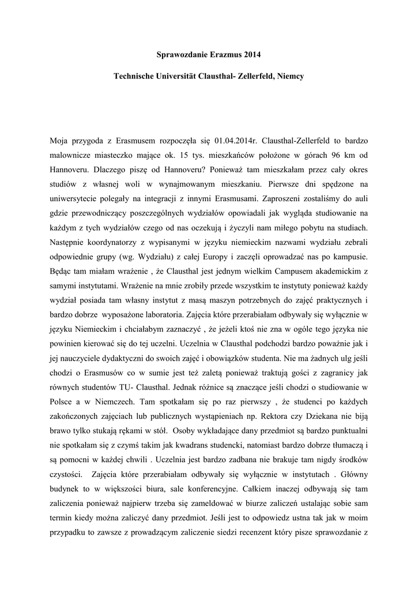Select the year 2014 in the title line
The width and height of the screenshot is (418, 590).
252,55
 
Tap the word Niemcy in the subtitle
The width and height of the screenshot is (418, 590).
287,76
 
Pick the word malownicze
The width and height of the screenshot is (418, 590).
73,155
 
